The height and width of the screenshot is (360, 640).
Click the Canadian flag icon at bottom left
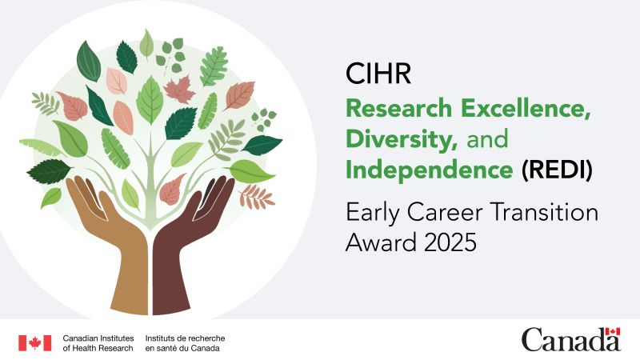click(x=34, y=342)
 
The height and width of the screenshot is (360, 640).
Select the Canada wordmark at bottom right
click(x=570, y=341)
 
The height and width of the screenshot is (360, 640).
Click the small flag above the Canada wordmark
click(x=613, y=332)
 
